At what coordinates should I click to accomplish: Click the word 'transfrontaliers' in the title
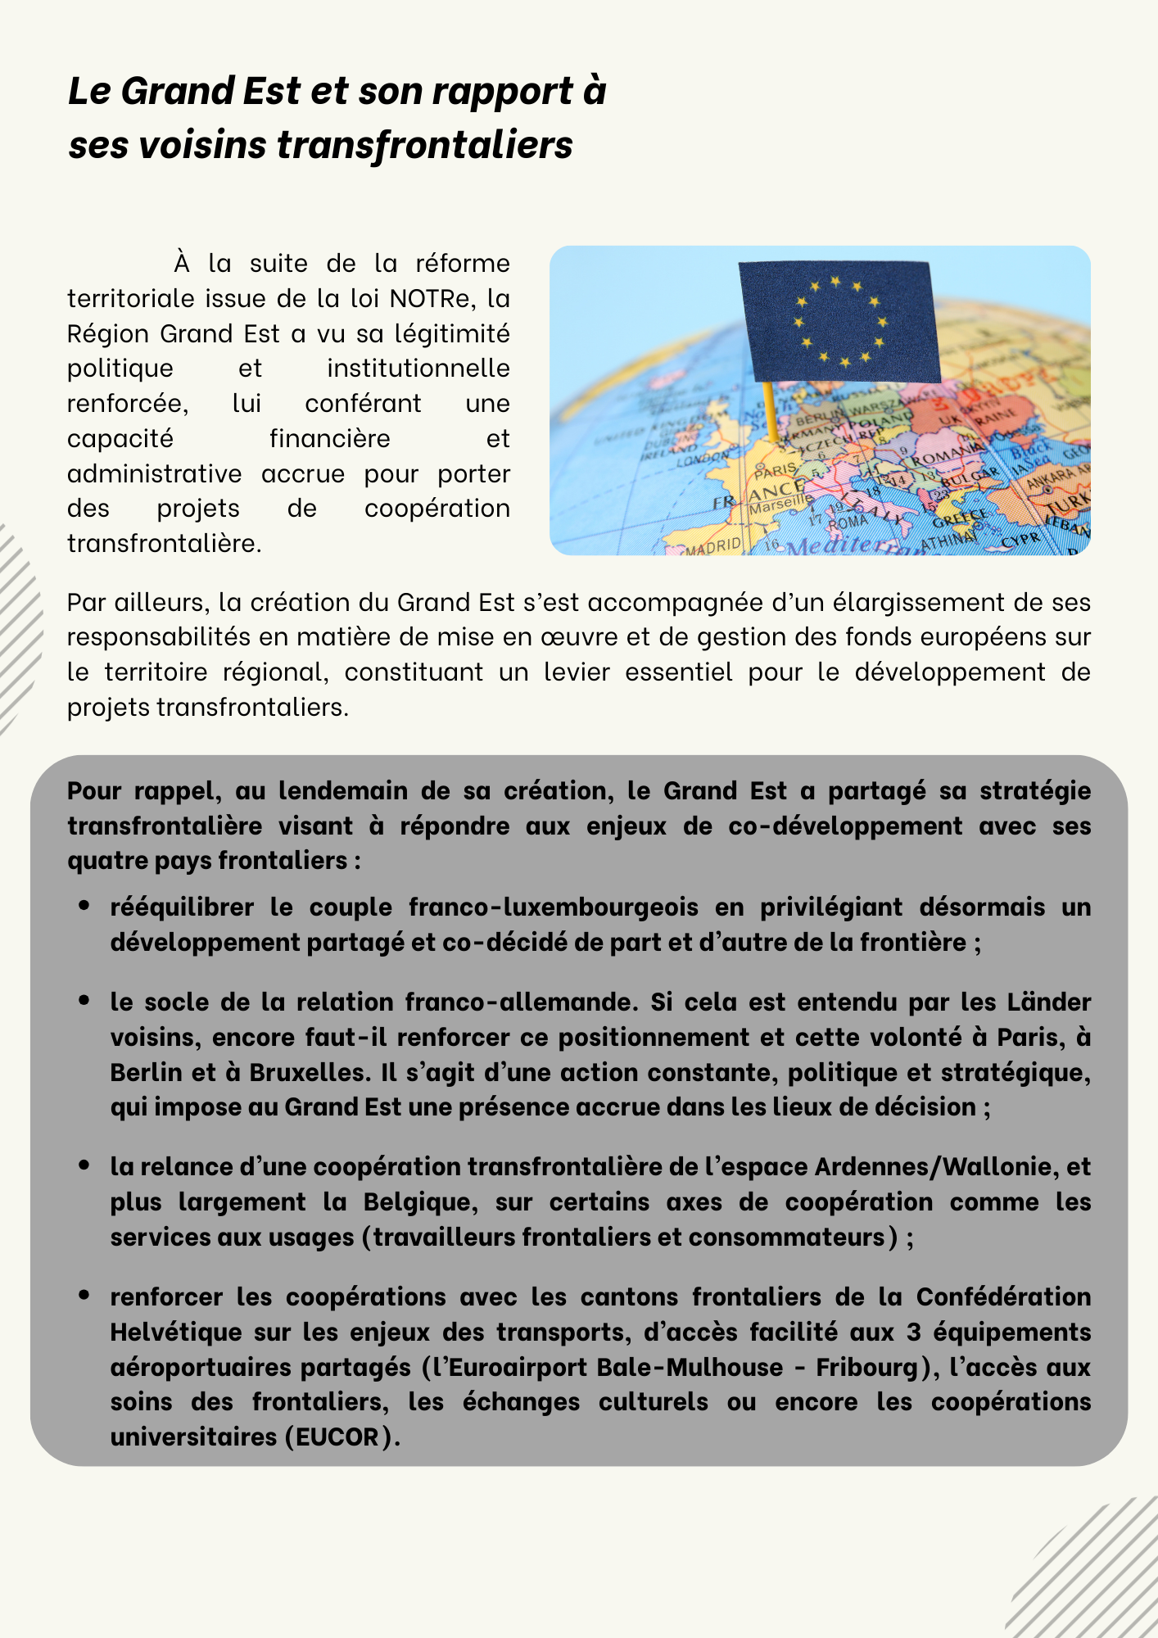click(425, 146)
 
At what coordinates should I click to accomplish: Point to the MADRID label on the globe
click(713, 545)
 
